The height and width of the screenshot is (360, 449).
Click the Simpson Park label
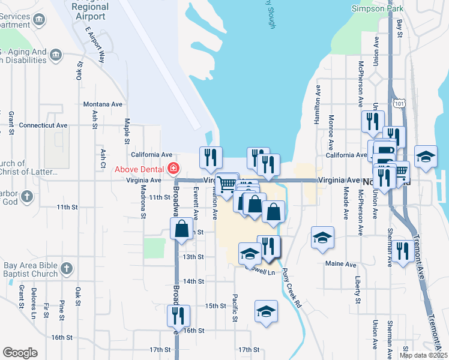click(x=378, y=8)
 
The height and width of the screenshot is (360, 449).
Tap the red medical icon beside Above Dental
click(x=173, y=169)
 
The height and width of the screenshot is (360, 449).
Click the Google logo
click(x=19, y=353)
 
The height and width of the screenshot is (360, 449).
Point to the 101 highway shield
click(x=399, y=105)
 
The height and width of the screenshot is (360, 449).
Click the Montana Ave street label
click(x=103, y=104)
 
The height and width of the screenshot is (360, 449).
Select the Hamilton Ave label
click(x=318, y=105)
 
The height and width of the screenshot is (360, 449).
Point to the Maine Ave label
click(x=341, y=264)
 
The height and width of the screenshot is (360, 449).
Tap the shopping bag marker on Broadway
click(x=181, y=229)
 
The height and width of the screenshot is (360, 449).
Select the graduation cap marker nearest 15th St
click(x=266, y=311)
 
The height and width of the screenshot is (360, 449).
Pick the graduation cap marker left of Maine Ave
click(x=322, y=237)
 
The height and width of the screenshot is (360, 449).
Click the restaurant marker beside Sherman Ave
click(x=402, y=251)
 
